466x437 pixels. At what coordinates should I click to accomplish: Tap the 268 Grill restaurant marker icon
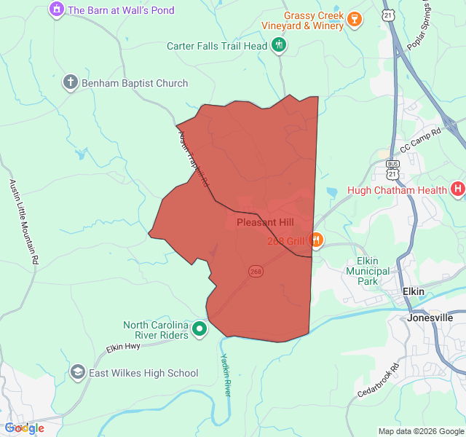[x=316, y=239]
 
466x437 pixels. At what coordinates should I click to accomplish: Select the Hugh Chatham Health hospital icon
[x=458, y=190]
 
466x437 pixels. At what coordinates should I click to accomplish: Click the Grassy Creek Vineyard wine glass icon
[x=354, y=19]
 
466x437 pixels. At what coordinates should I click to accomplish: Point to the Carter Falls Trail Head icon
[x=279, y=46]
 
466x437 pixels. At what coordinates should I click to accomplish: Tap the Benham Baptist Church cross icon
[x=71, y=82]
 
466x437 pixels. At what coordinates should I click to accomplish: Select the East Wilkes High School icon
[x=77, y=373]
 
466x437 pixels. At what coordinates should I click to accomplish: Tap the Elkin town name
[x=414, y=291]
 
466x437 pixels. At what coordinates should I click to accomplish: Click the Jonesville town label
[x=430, y=318]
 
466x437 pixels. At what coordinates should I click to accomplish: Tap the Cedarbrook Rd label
[x=379, y=380]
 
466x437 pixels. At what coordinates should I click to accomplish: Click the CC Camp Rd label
[x=421, y=140]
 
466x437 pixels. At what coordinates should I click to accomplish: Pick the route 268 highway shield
[x=255, y=271]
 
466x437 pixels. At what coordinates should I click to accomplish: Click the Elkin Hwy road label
[x=123, y=347]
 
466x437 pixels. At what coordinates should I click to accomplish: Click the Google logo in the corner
[x=25, y=428]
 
